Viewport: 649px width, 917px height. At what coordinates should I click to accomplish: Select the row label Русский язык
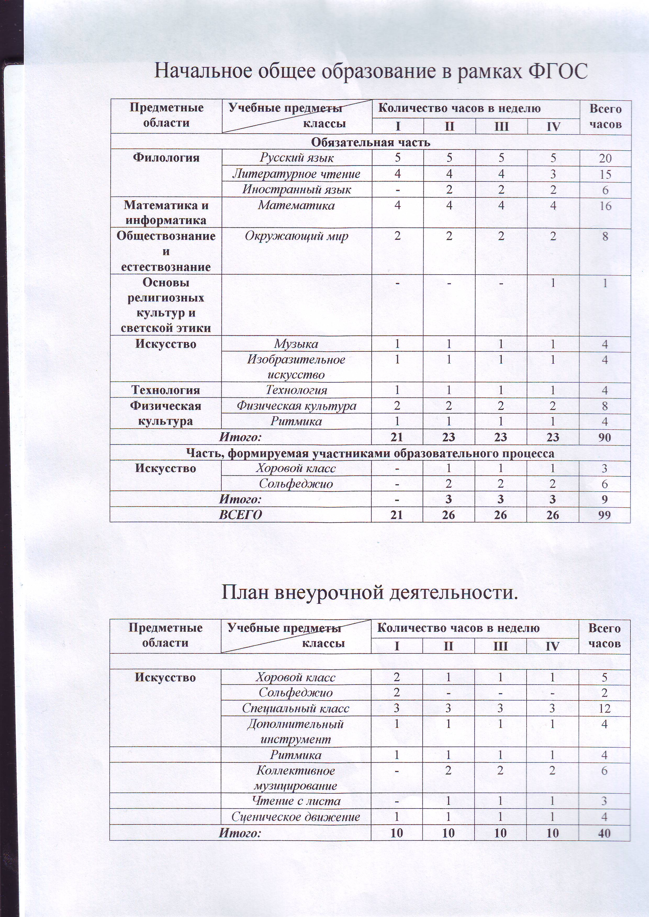pyautogui.click(x=296, y=158)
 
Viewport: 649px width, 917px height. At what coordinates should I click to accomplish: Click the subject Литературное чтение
pyautogui.click(x=296, y=174)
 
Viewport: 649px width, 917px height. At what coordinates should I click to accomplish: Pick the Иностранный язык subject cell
pyautogui.click(x=296, y=189)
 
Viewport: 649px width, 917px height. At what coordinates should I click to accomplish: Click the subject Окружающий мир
pyautogui.click(x=296, y=236)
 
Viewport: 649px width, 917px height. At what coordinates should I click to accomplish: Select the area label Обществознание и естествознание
pyautogui.click(x=166, y=251)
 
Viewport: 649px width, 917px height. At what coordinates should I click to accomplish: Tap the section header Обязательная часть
pyautogui.click(x=371, y=142)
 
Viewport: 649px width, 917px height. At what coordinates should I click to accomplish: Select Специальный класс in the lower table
pyautogui.click(x=296, y=709)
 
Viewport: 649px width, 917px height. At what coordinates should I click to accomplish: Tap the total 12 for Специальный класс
pyautogui.click(x=604, y=709)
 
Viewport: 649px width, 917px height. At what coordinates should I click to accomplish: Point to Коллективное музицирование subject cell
pyautogui.click(x=296, y=778)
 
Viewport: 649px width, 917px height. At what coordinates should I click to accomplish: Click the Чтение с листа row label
pyautogui.click(x=296, y=801)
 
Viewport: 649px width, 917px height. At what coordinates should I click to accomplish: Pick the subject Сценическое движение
pyautogui.click(x=296, y=817)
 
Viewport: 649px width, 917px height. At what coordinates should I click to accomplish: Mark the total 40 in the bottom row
pyautogui.click(x=604, y=833)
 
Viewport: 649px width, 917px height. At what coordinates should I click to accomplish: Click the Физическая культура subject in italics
pyautogui.click(x=296, y=406)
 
